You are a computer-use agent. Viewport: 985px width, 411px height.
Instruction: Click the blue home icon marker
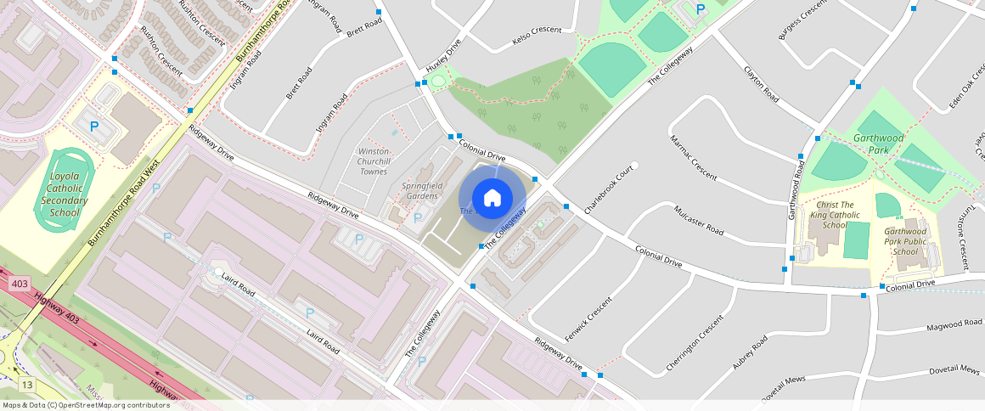click(x=492, y=198)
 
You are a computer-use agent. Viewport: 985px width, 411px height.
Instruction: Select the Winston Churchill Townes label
click(x=374, y=161)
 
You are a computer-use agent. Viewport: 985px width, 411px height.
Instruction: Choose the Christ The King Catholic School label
click(x=834, y=215)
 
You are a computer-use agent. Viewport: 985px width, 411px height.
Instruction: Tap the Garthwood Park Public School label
click(x=906, y=241)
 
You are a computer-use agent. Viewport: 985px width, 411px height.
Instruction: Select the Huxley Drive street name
click(x=443, y=53)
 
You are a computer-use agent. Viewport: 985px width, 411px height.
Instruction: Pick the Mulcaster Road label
click(x=698, y=220)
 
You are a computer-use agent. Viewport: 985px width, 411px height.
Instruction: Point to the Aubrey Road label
click(x=750, y=352)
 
